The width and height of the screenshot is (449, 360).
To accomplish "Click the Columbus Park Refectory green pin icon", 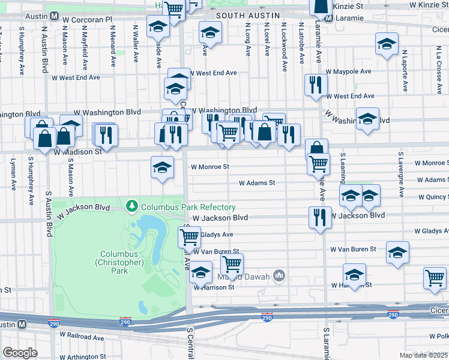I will (x=132, y=207).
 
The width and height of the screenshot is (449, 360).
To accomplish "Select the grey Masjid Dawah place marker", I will (x=279, y=276).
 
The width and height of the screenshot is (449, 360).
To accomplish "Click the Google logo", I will (x=20, y=352).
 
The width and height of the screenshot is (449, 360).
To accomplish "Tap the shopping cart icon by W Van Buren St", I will (x=231, y=263).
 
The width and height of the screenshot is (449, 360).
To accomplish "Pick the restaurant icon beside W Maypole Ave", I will (x=315, y=85).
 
